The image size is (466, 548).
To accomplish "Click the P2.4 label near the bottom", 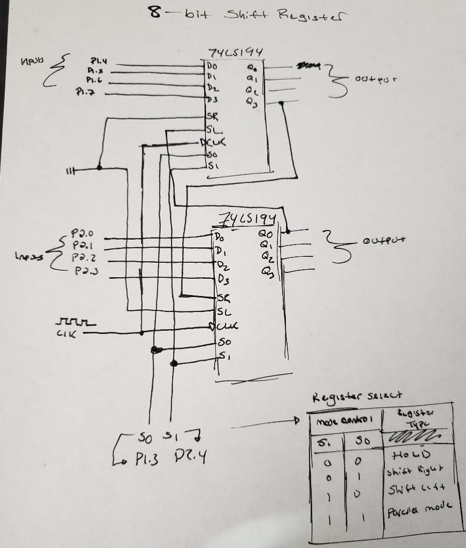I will click(x=190, y=458).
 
